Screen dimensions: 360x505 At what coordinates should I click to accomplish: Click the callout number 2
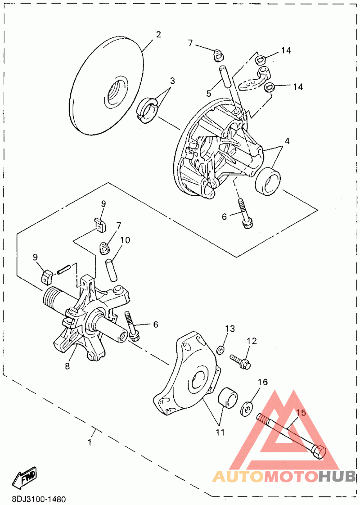tap(158, 35)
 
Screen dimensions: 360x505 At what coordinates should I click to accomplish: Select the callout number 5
tap(209, 94)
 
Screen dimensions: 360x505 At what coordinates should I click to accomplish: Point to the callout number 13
tap(230, 329)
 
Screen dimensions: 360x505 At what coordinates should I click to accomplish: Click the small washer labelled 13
tap(221, 350)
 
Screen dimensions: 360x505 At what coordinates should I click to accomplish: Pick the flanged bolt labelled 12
tap(241, 361)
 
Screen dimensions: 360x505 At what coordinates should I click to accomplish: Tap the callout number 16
tap(262, 382)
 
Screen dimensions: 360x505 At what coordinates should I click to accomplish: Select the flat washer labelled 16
tap(247, 408)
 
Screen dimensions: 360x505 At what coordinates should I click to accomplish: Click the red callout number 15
tap(301, 412)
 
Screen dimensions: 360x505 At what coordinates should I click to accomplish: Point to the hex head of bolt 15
tap(319, 451)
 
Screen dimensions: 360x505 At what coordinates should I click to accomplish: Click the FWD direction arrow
tap(25, 478)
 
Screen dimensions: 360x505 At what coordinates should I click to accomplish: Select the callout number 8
tap(67, 366)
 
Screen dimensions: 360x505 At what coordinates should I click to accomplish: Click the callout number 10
tap(125, 240)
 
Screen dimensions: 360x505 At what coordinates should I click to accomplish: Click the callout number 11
tap(220, 433)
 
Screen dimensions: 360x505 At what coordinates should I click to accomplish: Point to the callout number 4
tap(287, 141)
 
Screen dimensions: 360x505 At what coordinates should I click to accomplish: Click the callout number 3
tap(172, 81)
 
